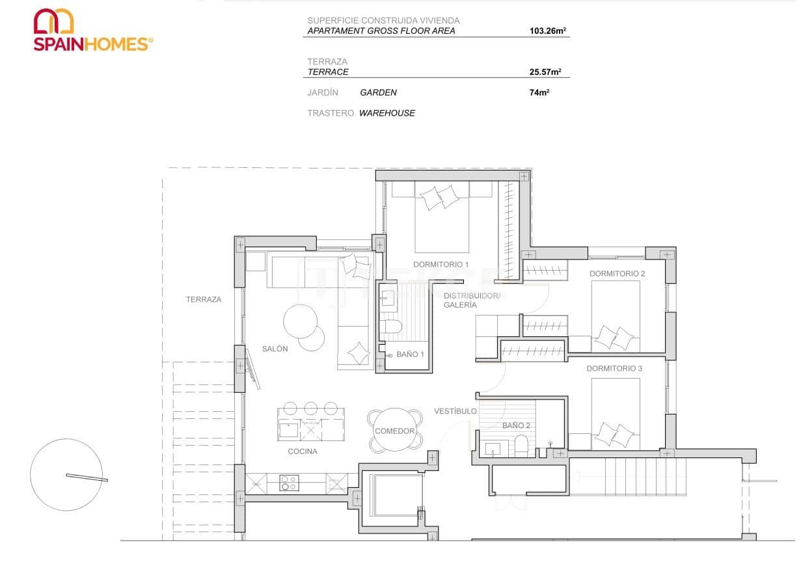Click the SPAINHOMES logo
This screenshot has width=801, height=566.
click(x=93, y=30)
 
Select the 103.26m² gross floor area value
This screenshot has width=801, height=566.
click(x=545, y=31)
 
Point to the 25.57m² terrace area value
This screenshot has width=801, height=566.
click(x=545, y=72)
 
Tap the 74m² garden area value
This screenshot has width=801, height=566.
click(x=539, y=93)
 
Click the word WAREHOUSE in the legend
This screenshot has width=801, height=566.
click(x=387, y=113)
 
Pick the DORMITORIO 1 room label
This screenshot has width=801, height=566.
click(x=441, y=265)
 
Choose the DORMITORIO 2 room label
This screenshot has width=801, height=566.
click(x=617, y=274)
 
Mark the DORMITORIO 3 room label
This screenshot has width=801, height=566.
click(x=614, y=369)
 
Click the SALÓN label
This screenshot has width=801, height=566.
click(x=275, y=349)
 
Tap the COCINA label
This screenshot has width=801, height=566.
click(x=303, y=451)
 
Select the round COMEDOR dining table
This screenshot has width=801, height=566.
click(x=394, y=430)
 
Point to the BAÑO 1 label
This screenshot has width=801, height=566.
click(x=410, y=355)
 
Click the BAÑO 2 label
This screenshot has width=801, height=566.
click(x=516, y=425)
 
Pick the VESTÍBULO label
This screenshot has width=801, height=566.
click(x=455, y=411)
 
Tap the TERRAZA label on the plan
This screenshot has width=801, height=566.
click(x=204, y=300)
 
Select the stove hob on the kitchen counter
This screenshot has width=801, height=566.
click(x=290, y=483)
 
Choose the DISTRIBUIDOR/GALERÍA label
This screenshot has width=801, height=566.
click(x=472, y=300)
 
